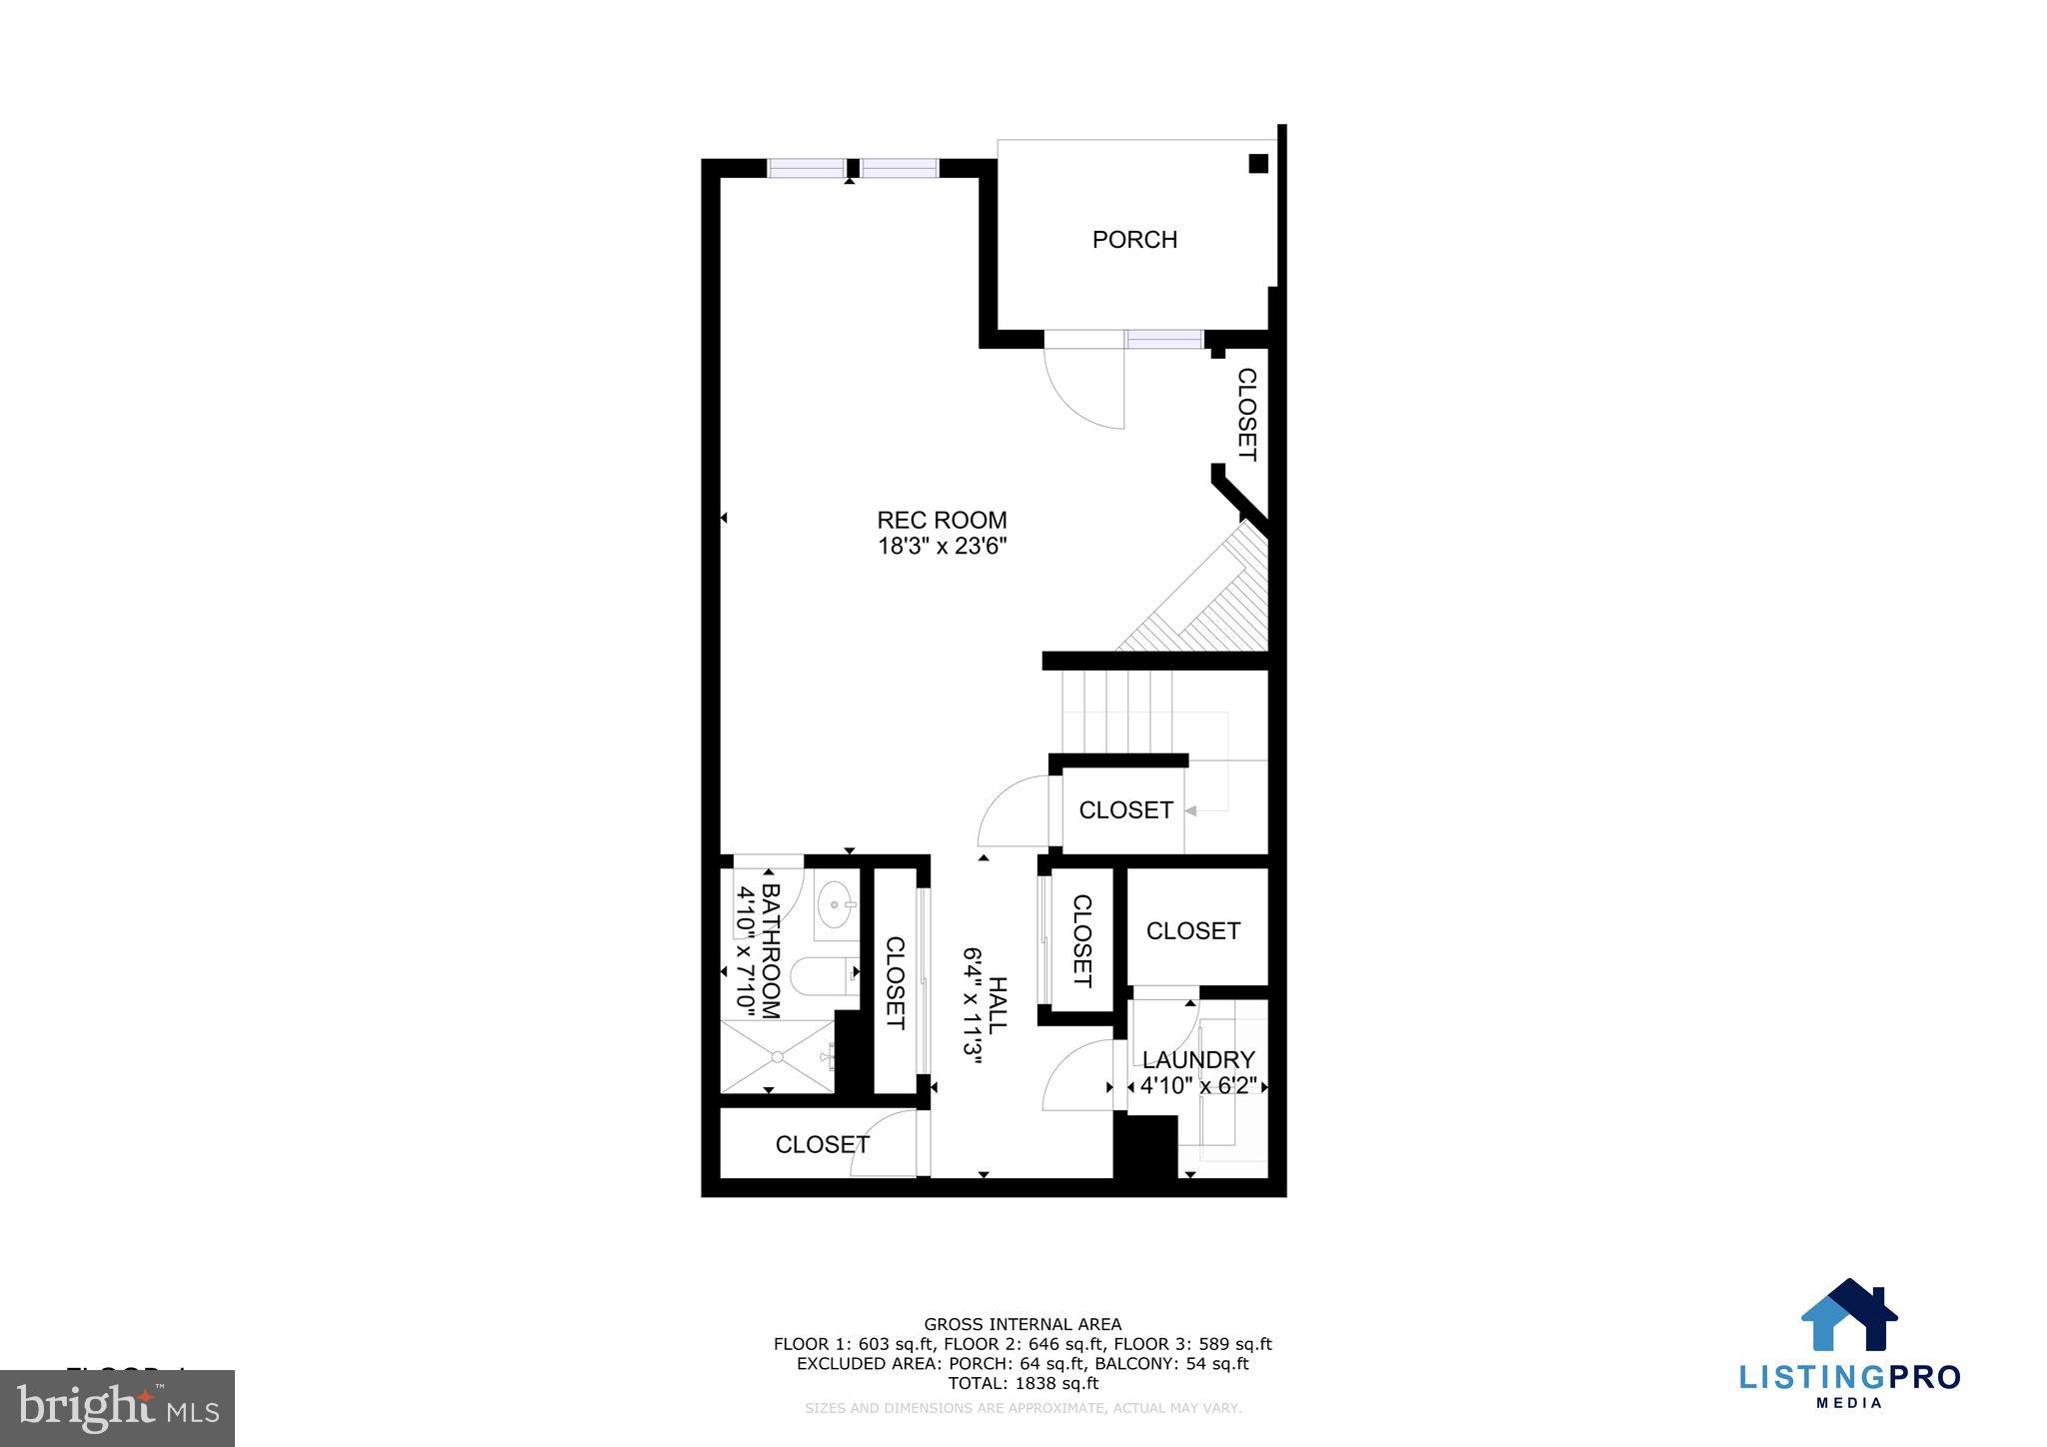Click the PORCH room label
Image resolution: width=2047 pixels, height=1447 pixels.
point(1134,240)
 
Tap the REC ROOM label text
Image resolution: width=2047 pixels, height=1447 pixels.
point(942,520)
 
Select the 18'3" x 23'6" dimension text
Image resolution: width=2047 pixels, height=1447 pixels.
point(942,547)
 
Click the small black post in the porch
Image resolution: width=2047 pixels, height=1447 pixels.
point(1258,164)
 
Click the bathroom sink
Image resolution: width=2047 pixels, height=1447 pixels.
point(836,905)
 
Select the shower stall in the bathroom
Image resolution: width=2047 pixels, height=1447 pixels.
point(778,1056)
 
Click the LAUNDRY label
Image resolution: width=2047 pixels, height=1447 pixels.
point(1198,1060)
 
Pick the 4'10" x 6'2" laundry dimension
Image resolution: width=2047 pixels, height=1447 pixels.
point(1198,1086)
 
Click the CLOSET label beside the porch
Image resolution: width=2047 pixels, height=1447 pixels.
point(1246,414)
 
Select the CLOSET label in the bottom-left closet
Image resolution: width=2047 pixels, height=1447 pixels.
point(823,1144)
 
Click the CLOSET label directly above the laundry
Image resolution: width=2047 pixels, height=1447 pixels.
point(1193,931)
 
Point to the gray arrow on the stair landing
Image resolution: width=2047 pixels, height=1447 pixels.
point(1191,810)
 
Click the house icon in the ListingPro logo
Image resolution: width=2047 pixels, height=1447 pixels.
point(1849,1316)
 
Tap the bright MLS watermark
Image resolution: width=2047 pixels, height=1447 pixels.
point(118,1408)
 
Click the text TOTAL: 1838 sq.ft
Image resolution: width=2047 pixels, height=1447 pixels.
point(1023,1384)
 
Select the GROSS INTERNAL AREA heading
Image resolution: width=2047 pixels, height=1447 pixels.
point(1023,1325)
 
